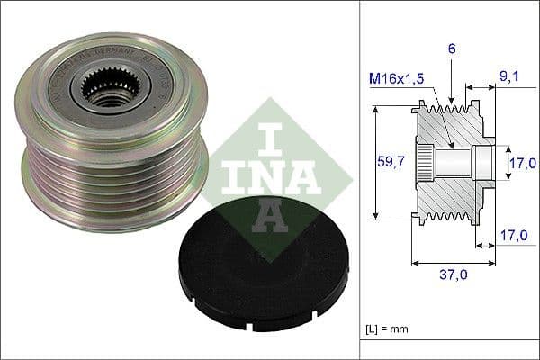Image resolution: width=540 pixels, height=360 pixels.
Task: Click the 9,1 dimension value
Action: point(510,77)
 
